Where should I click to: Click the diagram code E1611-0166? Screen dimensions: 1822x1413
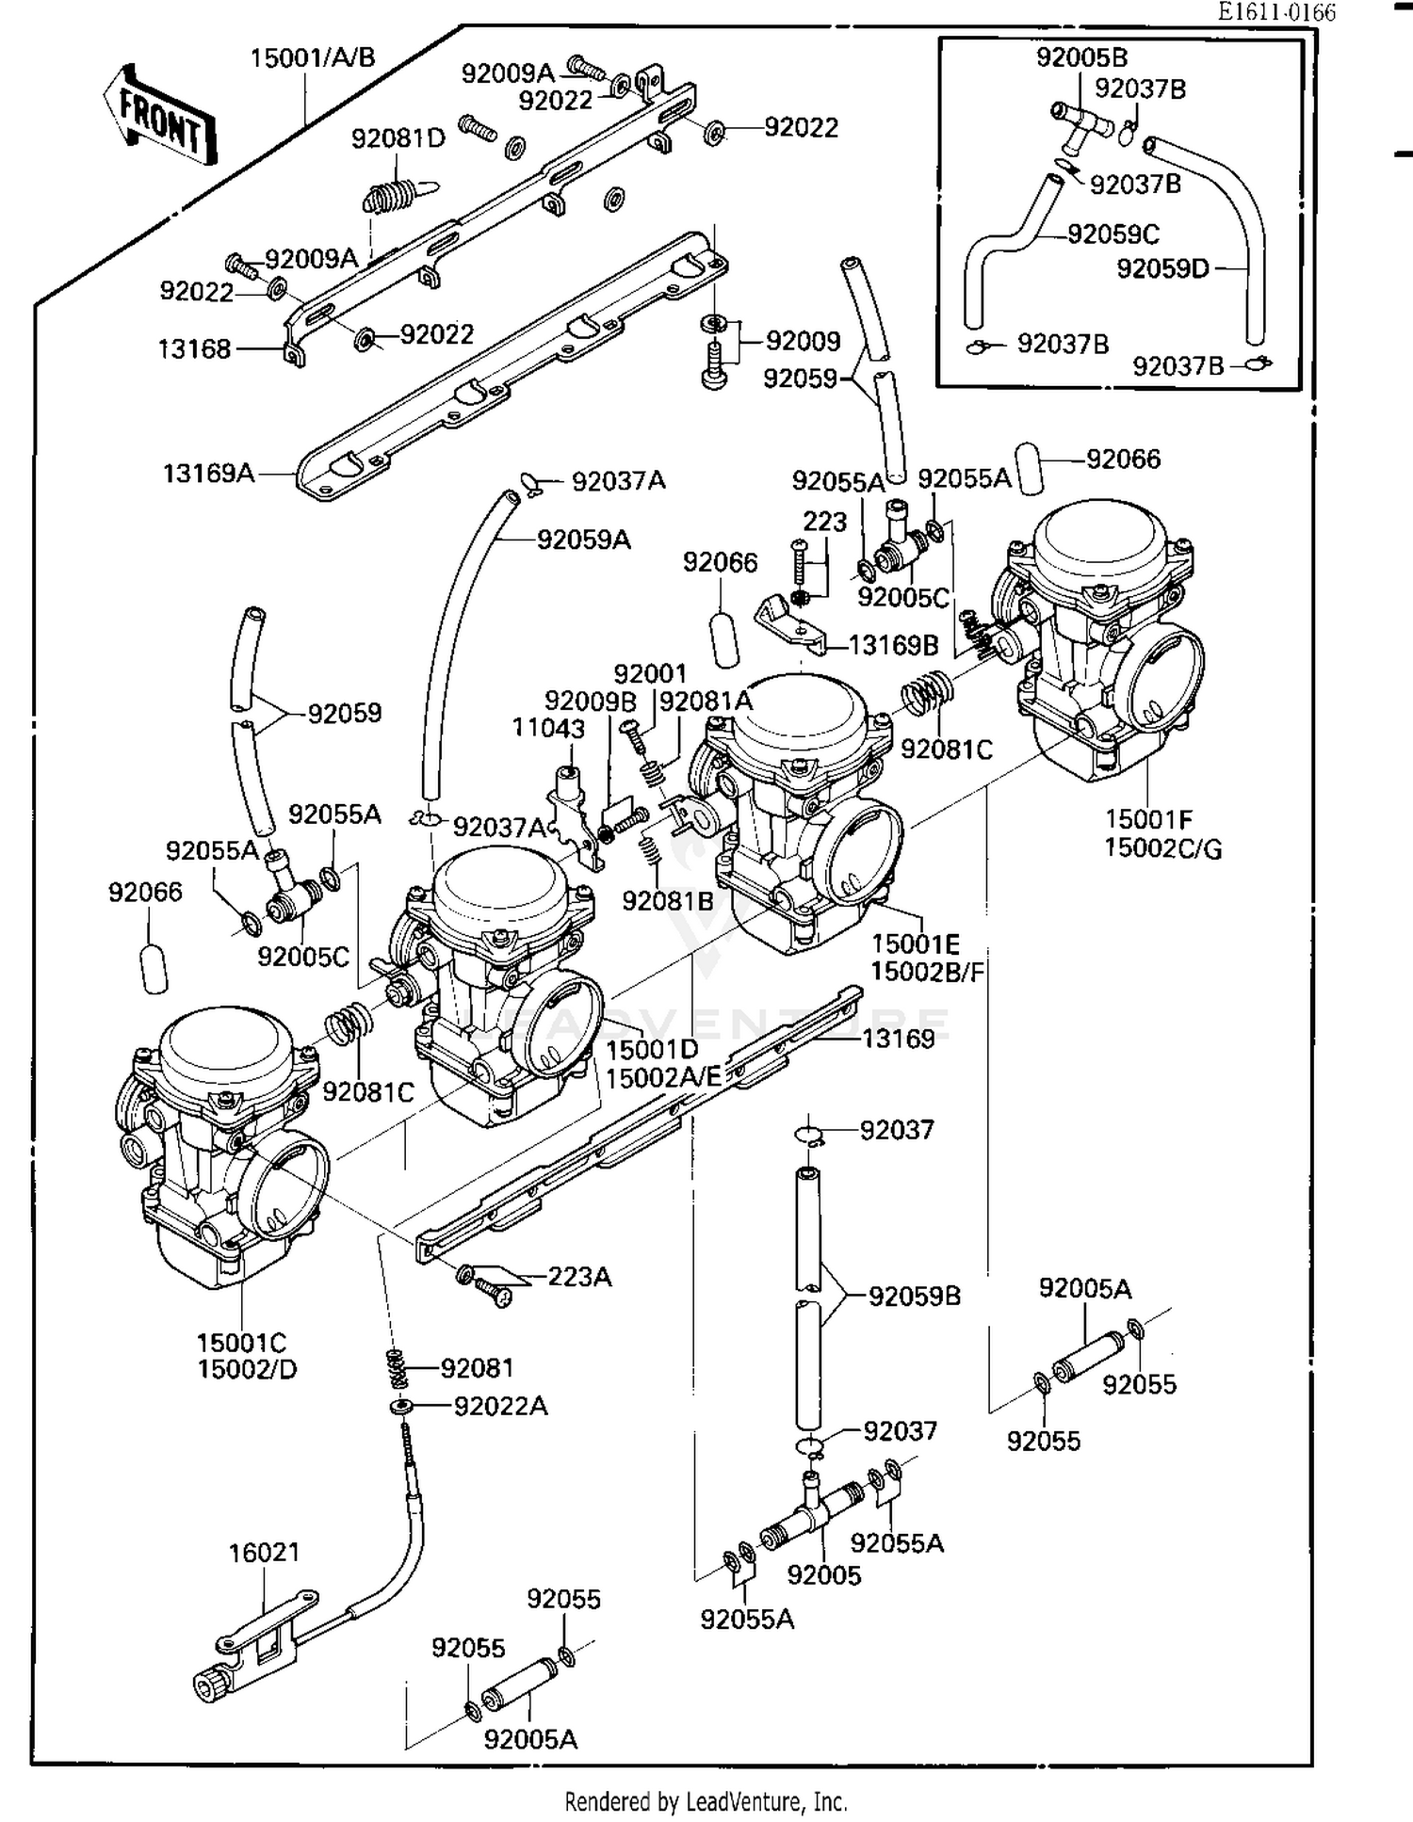click(1275, 12)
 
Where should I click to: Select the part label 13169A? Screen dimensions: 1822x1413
click(208, 473)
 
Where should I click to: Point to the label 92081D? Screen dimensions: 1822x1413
click(398, 139)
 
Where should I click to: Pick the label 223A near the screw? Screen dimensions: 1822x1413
click(579, 1277)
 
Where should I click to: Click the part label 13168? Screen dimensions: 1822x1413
click(194, 349)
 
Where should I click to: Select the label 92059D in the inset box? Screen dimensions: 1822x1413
click(1162, 269)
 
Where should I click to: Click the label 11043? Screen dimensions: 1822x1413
click(548, 728)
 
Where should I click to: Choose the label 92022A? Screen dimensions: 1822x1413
click(500, 1406)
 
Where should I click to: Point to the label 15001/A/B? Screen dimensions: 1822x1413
click(312, 58)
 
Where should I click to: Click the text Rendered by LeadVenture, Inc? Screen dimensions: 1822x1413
click(706, 1801)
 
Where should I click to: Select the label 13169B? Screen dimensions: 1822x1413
click(893, 645)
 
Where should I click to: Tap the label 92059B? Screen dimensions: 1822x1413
click(914, 1297)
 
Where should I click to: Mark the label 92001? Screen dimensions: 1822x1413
click(650, 674)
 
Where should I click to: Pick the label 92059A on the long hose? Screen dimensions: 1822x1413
click(583, 540)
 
